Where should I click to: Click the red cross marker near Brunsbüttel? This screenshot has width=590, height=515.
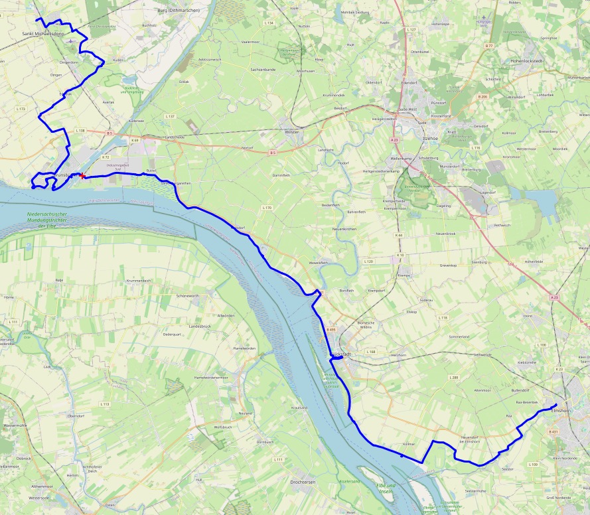[82, 176]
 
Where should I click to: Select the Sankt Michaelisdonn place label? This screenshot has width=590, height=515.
[42, 33]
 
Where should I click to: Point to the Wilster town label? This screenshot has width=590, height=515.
[291, 131]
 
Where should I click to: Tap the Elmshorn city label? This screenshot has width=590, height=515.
[561, 411]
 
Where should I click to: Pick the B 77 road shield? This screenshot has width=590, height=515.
[489, 45]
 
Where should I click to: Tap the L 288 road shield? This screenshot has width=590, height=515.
[454, 377]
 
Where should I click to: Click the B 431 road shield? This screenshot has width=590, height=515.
[553, 432]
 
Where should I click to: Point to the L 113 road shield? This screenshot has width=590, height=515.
[104, 404]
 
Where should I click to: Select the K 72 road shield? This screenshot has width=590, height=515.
[106, 157]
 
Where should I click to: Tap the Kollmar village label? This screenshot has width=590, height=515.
[409, 444]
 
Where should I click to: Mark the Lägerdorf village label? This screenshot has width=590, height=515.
[488, 190]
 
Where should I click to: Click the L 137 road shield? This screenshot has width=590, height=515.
[170, 116]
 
